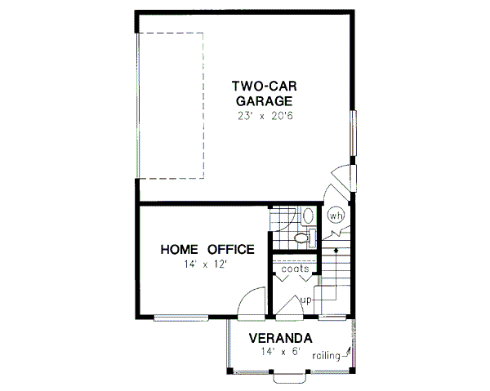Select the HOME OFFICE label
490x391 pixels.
[207, 249]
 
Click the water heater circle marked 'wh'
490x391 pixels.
[336, 216]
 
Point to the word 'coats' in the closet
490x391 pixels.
[295, 267]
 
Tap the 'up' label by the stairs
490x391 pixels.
[307, 300]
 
